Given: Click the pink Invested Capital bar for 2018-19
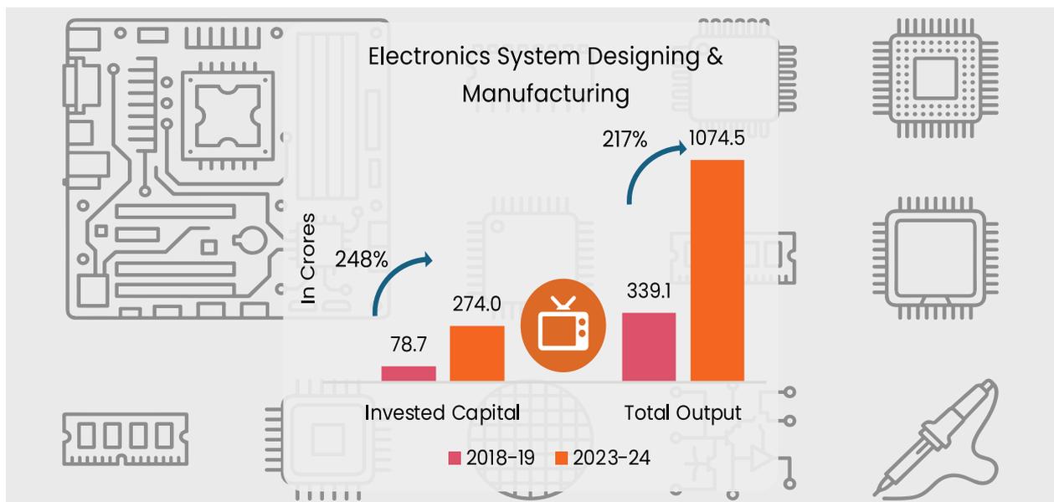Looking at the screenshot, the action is [409, 373].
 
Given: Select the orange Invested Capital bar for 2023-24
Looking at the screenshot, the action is [477, 353].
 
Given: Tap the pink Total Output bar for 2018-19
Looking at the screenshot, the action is [649, 347].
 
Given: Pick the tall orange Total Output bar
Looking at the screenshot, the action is [717, 270].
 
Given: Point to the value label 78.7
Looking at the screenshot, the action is [409, 345].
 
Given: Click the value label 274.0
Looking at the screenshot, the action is [476, 304].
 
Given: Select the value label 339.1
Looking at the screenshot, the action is [649, 291].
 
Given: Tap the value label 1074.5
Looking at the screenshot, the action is [717, 138].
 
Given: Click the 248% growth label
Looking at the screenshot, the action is [362, 259].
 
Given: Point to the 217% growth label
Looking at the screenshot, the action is [625, 140].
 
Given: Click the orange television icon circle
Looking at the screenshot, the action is [563, 325].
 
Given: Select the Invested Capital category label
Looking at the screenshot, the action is [442, 413].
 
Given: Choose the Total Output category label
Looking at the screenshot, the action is [683, 413].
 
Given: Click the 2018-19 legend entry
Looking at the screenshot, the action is [491, 458].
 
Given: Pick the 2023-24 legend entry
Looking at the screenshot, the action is [603, 458].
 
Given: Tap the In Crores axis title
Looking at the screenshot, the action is [308, 259].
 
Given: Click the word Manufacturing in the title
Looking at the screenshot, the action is [545, 94].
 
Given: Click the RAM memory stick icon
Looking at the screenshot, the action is [126, 439].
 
